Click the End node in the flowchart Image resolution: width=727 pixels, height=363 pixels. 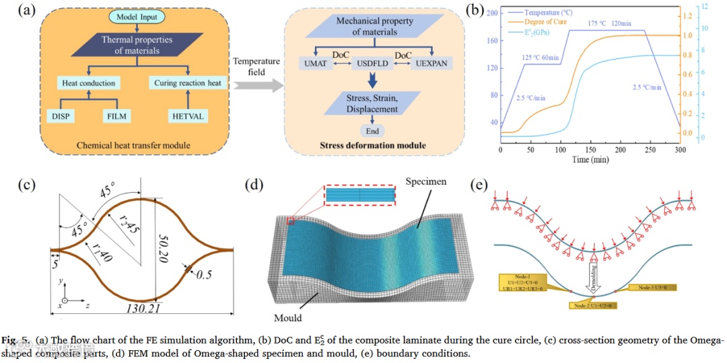(372, 130)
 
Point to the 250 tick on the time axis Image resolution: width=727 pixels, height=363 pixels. (650, 150)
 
